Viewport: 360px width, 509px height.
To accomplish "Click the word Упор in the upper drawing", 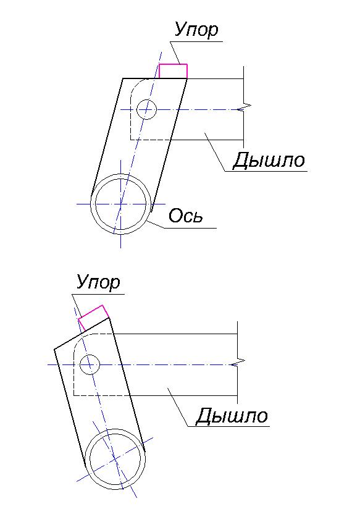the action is pyautogui.click(x=196, y=30).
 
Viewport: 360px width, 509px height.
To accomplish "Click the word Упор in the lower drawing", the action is pyautogui.click(x=98, y=282).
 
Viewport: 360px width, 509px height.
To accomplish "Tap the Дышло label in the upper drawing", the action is pyautogui.click(x=269, y=161).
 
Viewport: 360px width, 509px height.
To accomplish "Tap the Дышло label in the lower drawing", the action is pyautogui.click(x=232, y=416).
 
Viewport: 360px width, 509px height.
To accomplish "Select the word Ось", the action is pyautogui.click(x=186, y=215).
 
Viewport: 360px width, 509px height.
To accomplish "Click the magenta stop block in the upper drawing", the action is pyautogui.click(x=173, y=71).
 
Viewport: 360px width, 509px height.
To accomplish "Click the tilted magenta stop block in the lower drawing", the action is pyautogui.click(x=93, y=318).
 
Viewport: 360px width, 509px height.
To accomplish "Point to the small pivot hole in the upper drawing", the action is pyautogui.click(x=147, y=109).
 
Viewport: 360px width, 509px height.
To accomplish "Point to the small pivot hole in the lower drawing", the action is pyautogui.click(x=90, y=364).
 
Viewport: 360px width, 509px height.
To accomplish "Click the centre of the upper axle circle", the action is pyautogui.click(x=121, y=204).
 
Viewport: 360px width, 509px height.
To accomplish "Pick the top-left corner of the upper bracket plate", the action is pyautogui.click(x=123, y=78).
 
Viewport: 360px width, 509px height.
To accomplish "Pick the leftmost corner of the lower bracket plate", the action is pyautogui.click(x=54, y=349).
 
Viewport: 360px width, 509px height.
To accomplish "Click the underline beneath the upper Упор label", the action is pyautogui.click(x=196, y=41).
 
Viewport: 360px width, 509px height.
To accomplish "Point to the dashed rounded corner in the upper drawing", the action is pyautogui.click(x=136, y=85).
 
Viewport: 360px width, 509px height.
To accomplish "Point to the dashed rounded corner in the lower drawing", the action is pyautogui.click(x=80, y=340).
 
